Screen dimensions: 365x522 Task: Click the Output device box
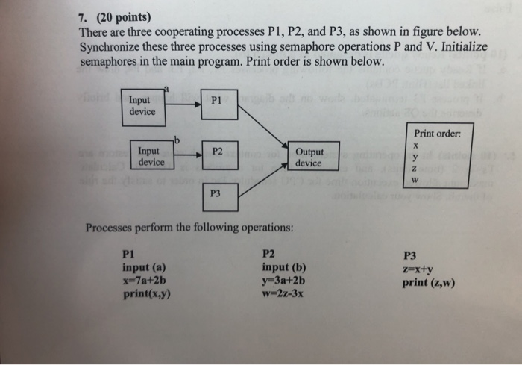(x=309, y=156)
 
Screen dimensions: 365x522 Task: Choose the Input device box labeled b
(x=151, y=155)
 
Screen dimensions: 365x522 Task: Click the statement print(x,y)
(x=147, y=293)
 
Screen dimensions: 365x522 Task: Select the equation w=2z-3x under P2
(x=283, y=293)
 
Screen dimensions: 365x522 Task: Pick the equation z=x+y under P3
(x=417, y=269)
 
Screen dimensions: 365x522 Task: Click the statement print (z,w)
(x=430, y=282)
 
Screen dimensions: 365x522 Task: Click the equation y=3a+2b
(x=283, y=281)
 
